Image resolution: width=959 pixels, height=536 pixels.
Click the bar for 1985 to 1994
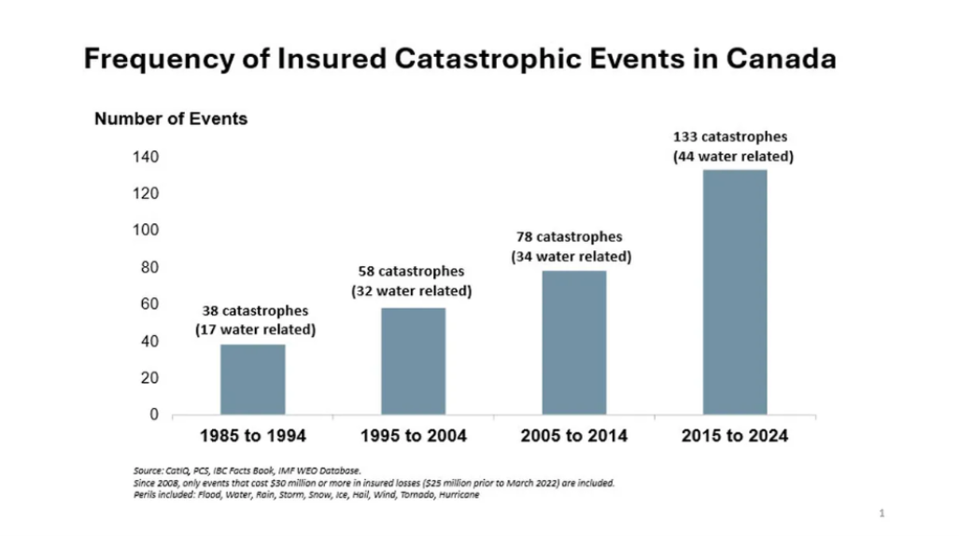click(253, 379)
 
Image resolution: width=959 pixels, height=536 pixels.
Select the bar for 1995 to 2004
click(413, 360)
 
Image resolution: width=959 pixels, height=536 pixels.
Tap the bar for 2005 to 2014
click(573, 342)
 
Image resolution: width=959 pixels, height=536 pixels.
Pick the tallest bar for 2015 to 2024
click(734, 291)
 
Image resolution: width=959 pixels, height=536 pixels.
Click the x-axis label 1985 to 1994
click(253, 436)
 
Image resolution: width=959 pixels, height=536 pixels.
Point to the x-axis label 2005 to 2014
click(573, 436)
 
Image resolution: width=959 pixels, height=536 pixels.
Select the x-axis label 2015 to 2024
click(734, 436)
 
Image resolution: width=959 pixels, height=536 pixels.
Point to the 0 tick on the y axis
click(154, 416)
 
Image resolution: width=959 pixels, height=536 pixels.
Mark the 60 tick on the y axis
click(150, 304)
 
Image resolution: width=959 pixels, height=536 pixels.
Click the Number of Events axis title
click(171, 119)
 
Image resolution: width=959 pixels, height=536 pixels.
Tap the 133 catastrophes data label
click(734, 137)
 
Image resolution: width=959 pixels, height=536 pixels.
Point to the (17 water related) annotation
click(255, 330)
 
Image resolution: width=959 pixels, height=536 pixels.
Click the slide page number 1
click(881, 513)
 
